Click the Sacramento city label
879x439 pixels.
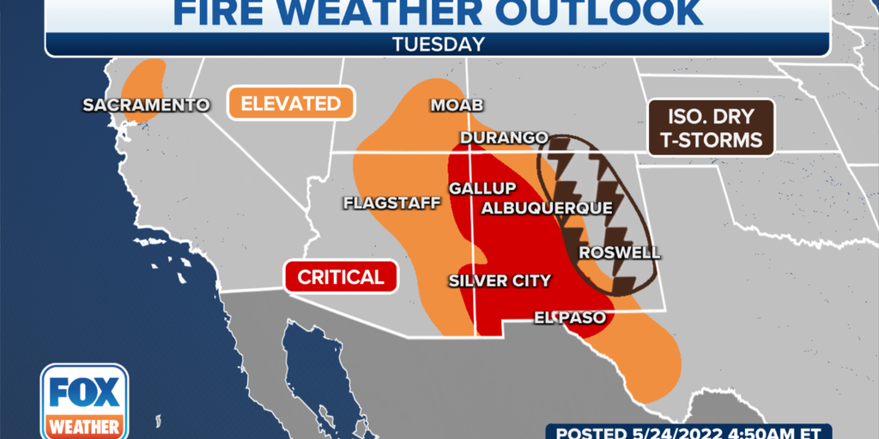146,105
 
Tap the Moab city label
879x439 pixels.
456,105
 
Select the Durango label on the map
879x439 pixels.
503,138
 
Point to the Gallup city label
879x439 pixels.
482,189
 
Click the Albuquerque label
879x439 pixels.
547,208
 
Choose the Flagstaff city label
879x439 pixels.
391,203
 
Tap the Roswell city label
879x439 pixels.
619,253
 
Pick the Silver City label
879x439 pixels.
500,281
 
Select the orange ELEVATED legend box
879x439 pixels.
291,104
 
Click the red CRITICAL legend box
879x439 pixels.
340,277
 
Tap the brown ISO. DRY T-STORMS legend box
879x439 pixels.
711,128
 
